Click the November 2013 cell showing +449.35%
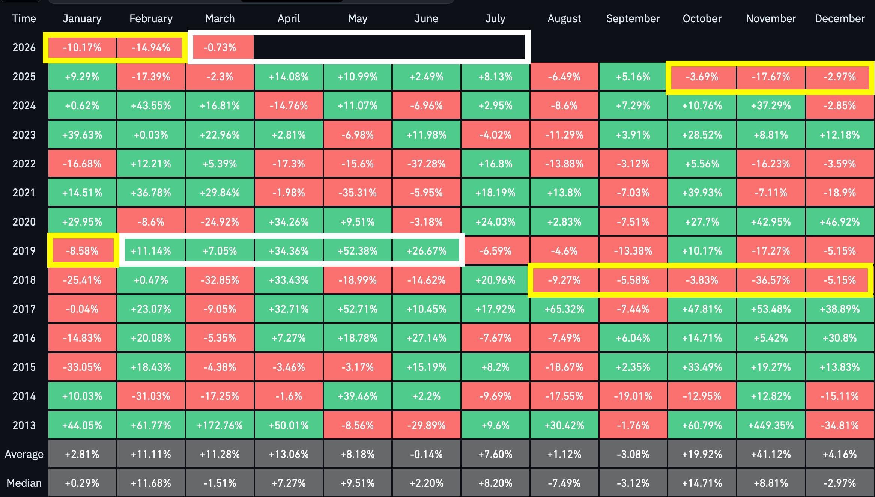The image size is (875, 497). (x=771, y=425)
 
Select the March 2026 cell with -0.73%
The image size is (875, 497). (x=220, y=48)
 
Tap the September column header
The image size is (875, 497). (x=633, y=18)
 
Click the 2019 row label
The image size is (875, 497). (x=24, y=251)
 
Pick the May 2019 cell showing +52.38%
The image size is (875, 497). (x=358, y=251)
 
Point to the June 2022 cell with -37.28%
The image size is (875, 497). (x=426, y=164)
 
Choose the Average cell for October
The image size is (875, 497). (x=702, y=454)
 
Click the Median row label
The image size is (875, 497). (x=24, y=483)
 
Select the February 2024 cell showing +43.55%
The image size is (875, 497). (x=151, y=105)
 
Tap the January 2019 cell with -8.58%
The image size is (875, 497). (x=82, y=251)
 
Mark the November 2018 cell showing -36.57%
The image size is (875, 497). (x=771, y=280)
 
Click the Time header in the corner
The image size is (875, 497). (x=24, y=18)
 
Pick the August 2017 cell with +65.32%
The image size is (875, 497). (x=564, y=309)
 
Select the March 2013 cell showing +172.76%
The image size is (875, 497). (x=220, y=425)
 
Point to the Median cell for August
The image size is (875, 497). (x=564, y=483)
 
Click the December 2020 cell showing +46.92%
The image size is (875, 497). (x=840, y=222)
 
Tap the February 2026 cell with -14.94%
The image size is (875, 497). (x=151, y=48)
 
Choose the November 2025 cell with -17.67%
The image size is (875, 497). (x=771, y=77)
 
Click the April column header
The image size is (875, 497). (x=289, y=18)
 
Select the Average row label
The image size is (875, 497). (x=24, y=454)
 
